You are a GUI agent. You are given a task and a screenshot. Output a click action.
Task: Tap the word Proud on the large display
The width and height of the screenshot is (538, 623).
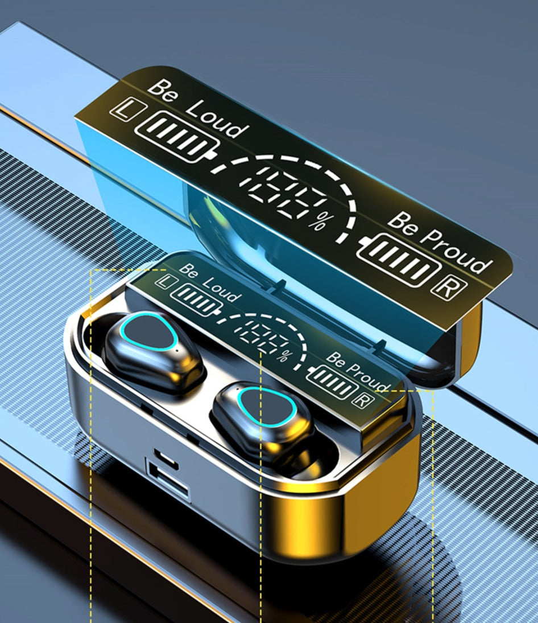(x=456, y=251)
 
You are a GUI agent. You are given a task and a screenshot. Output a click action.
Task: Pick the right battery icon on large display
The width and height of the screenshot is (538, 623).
(x=399, y=260)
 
